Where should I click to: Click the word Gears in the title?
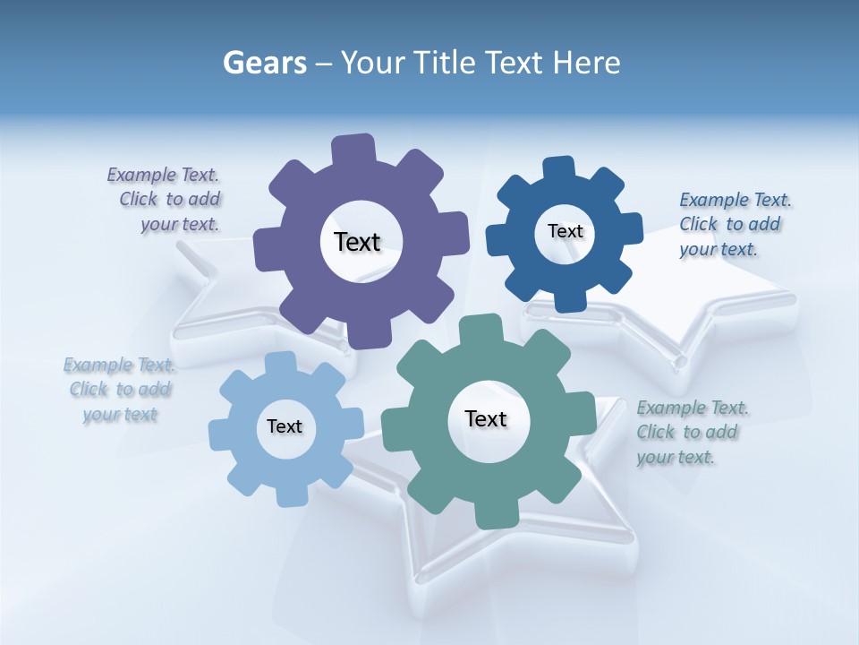click(x=265, y=63)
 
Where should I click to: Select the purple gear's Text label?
click(x=357, y=242)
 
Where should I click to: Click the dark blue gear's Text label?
click(x=565, y=231)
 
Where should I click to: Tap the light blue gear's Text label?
click(x=285, y=426)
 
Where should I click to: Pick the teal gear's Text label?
click(x=486, y=418)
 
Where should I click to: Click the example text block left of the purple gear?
click(x=166, y=199)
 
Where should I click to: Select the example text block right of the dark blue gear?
click(x=732, y=224)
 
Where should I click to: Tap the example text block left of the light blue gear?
click(x=120, y=389)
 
